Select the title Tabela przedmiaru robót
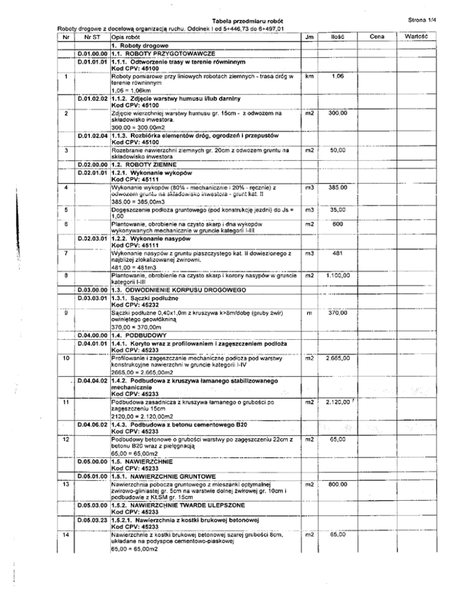click(232, 22)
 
